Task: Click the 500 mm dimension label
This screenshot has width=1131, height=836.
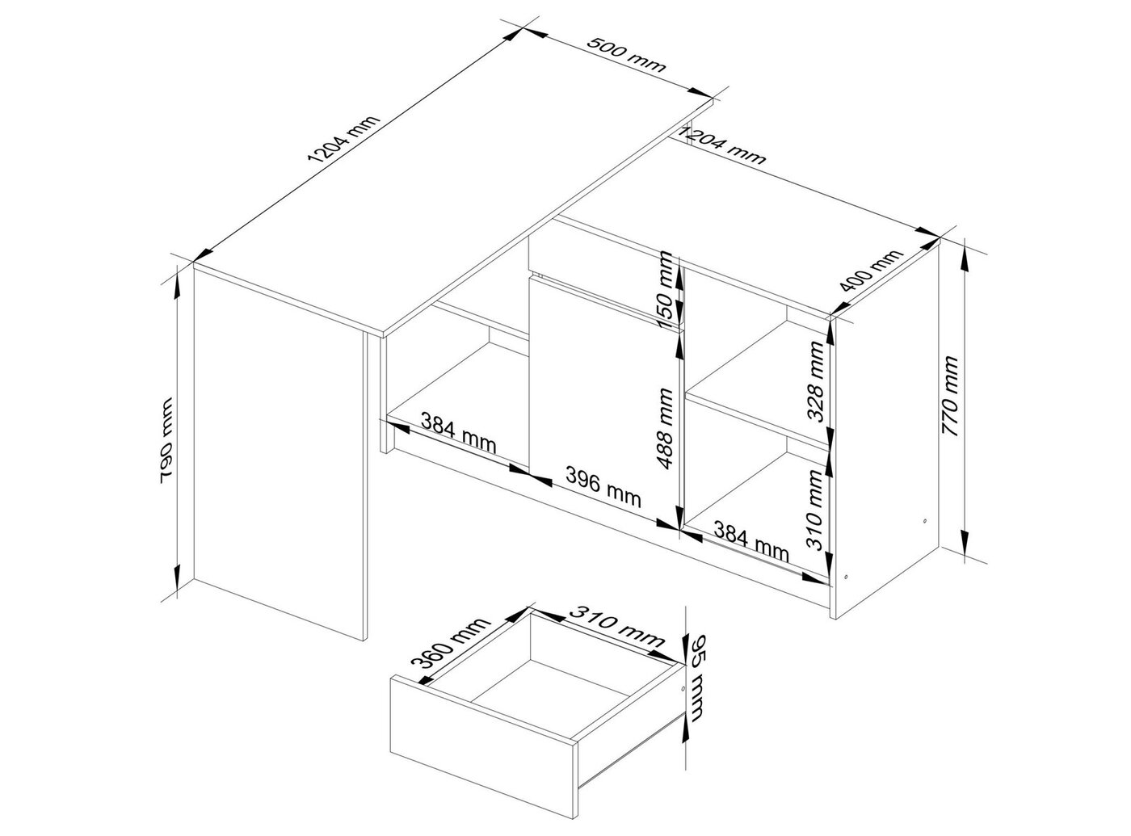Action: pyautogui.click(x=626, y=55)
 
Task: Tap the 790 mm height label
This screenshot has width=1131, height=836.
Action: pyautogui.click(x=166, y=441)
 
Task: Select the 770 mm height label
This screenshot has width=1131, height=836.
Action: pyautogui.click(x=950, y=396)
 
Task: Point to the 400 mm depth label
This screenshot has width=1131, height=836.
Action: pyautogui.click(x=871, y=271)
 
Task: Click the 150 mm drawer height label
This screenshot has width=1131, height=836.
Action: pyautogui.click(x=666, y=290)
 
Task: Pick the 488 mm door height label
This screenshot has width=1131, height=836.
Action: pyautogui.click(x=665, y=428)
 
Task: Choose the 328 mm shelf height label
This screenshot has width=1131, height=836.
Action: pyautogui.click(x=815, y=381)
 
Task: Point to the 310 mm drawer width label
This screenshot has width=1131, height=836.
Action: pyautogui.click(x=616, y=626)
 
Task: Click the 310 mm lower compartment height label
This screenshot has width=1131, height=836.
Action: pyautogui.click(x=815, y=510)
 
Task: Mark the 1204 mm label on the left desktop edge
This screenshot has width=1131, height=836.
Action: pyautogui.click(x=343, y=138)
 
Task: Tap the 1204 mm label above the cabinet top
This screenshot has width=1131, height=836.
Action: pyautogui.click(x=722, y=146)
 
